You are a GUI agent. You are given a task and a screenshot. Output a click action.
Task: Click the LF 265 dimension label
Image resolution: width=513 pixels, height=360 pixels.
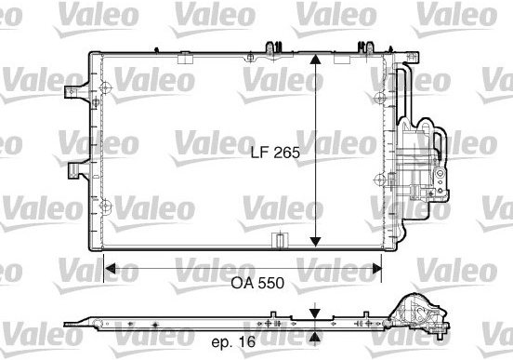pos(275,153)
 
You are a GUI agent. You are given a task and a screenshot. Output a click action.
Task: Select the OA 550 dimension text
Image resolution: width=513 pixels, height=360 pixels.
pos(257,283)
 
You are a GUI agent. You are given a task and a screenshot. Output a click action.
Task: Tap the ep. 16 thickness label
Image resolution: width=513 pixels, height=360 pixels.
pos(233,342)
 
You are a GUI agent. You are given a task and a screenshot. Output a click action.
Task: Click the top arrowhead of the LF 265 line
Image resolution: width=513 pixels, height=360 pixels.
pos(315,60)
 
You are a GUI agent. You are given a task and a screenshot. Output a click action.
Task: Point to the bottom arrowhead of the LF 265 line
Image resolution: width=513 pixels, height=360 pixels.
pos(315,242)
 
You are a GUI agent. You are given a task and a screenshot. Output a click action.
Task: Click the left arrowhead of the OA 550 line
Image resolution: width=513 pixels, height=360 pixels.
pos(111,269)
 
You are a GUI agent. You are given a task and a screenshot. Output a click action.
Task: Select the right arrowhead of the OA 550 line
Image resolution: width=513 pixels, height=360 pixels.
pos(376,269)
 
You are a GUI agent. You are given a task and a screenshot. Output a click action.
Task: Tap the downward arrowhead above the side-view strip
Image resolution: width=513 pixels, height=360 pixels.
pos(315,313)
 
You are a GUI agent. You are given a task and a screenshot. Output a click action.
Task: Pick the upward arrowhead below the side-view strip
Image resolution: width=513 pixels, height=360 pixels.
pos(315,337)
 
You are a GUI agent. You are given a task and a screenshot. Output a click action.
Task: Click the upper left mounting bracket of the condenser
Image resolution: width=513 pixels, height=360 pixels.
pos(78,92)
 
